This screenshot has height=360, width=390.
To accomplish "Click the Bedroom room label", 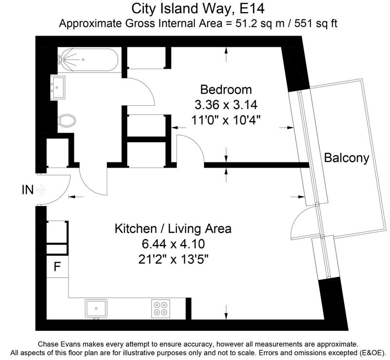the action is [x=226, y=90].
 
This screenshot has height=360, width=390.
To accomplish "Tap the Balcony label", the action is [x=347, y=158].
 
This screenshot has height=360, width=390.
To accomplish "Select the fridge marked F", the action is [x=58, y=266].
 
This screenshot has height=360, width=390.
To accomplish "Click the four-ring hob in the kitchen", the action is [x=161, y=308].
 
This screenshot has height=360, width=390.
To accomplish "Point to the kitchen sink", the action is [x=96, y=308].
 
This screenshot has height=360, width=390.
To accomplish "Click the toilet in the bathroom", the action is [x=67, y=120].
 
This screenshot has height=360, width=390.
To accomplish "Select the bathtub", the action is [x=88, y=60].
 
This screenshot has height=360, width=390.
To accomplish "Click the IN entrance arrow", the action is [x=41, y=190].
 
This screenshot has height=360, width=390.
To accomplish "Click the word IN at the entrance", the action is [x=28, y=190].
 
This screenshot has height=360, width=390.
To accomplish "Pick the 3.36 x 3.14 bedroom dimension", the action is [x=226, y=105].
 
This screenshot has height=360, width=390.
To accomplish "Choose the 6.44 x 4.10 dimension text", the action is [x=174, y=244].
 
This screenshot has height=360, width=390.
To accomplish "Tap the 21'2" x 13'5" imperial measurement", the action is [x=173, y=260].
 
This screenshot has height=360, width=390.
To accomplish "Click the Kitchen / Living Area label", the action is [x=173, y=228].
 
